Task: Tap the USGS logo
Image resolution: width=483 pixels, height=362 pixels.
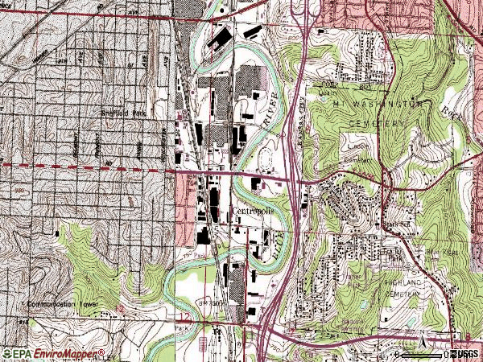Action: [x=464, y=353]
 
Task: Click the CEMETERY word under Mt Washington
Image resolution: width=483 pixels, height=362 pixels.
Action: [x=378, y=122]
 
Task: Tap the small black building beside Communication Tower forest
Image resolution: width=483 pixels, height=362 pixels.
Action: [x=59, y=234]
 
